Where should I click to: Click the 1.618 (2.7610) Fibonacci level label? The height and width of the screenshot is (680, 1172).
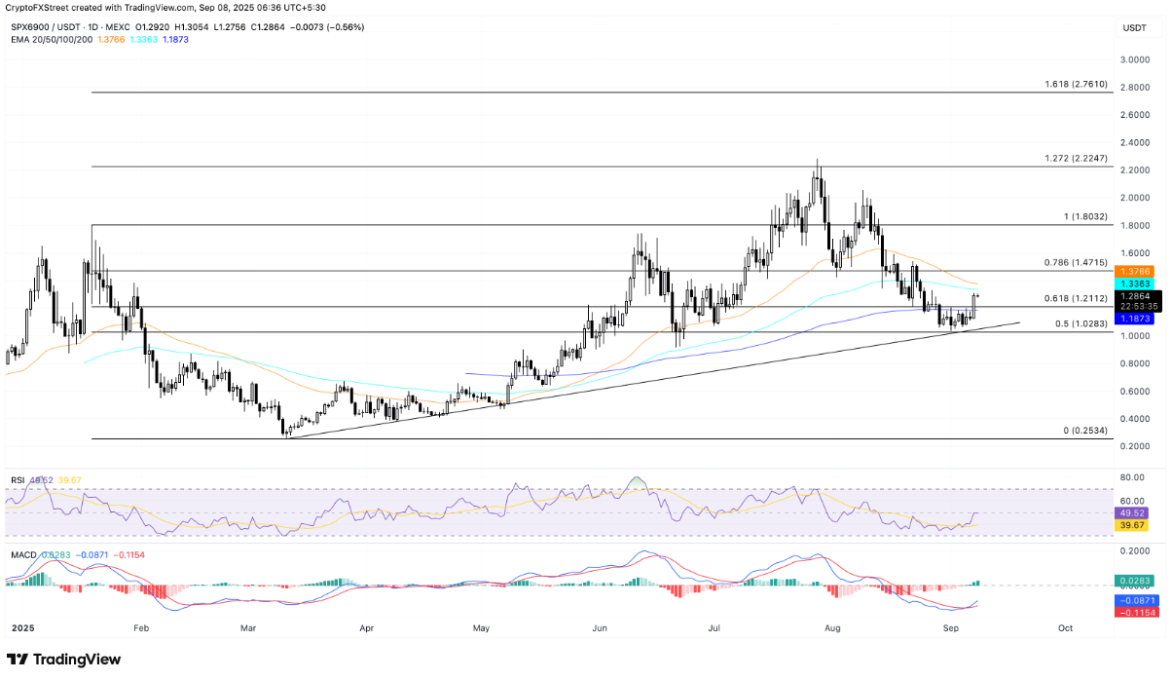[1075, 85]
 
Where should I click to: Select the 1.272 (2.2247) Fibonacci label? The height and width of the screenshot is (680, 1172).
[1075, 159]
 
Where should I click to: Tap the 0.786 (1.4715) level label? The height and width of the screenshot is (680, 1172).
[1075, 263]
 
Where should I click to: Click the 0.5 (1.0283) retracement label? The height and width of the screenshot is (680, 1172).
[1079, 324]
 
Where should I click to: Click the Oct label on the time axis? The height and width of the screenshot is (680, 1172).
[1065, 628]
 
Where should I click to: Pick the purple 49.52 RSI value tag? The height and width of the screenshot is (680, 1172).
[1132, 512]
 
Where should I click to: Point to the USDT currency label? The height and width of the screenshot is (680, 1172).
[1134, 28]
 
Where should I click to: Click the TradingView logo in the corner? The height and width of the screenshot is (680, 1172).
[64, 660]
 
